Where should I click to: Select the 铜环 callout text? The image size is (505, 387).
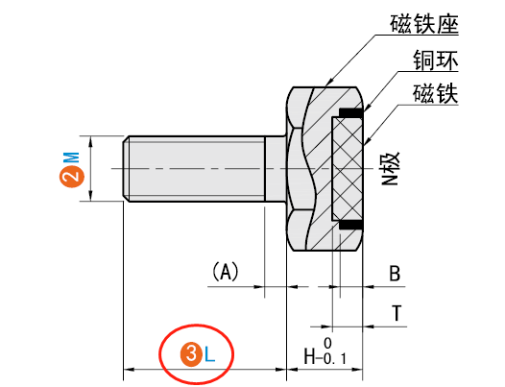click(x=434, y=60)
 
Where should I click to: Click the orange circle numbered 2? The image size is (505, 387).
click(x=71, y=175)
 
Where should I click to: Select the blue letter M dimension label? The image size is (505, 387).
click(x=71, y=157)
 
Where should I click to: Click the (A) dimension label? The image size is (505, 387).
click(x=224, y=272)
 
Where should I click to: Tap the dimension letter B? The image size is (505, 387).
click(x=394, y=274)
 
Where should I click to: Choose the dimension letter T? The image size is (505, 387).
click(x=395, y=312)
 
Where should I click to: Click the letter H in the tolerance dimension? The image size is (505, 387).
click(x=311, y=356)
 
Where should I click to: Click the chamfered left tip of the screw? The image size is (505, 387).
click(x=126, y=168)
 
